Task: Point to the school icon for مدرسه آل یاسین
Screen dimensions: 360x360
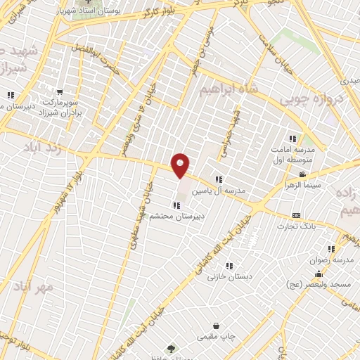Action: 218,180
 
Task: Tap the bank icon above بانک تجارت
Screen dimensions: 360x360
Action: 296,215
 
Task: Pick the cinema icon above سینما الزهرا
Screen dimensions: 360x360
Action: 302,174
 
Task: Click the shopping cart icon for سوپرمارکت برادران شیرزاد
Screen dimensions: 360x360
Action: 60,91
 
